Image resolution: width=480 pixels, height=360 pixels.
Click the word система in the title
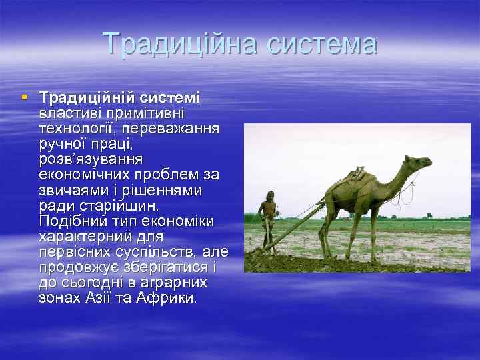pos(321,44)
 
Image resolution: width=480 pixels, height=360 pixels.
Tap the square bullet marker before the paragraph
pos(25,97)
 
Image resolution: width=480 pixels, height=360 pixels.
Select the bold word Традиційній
pos(82,97)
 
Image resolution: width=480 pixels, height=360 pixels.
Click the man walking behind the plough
pos(267,217)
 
